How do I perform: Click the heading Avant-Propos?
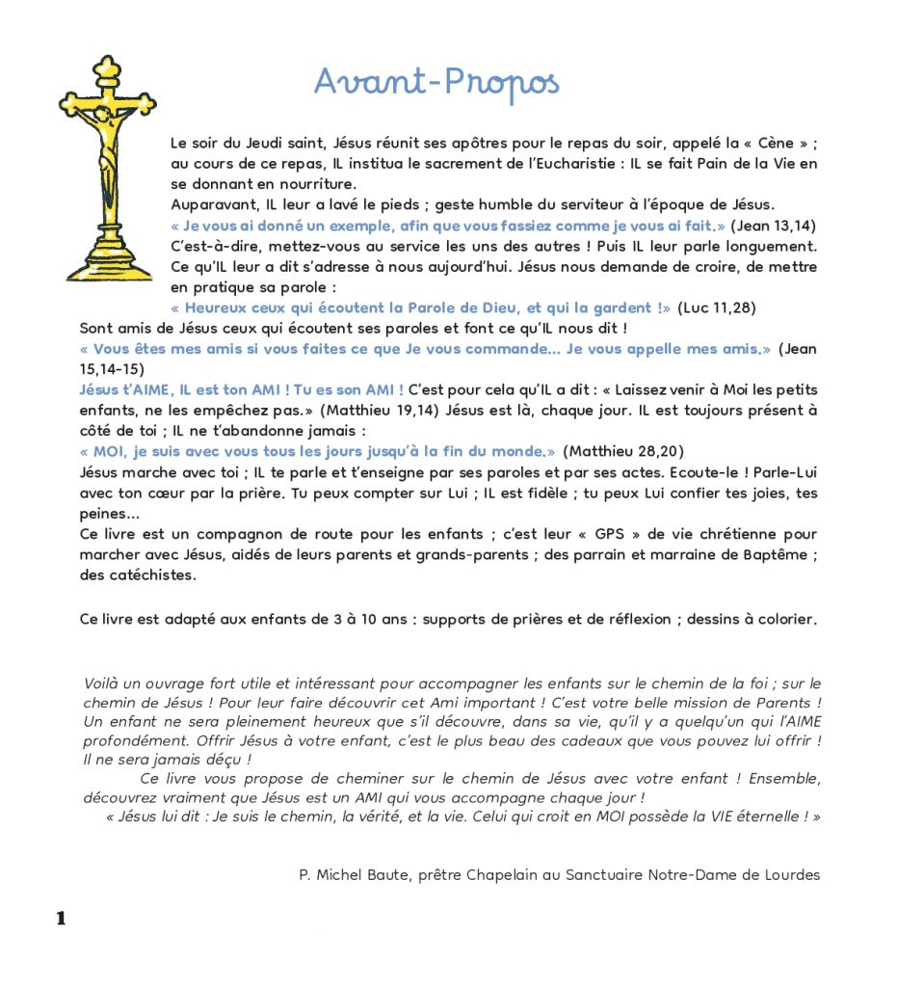436,83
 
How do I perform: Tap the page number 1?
61,919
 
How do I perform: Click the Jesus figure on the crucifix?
107,149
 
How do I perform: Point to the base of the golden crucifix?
109,265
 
